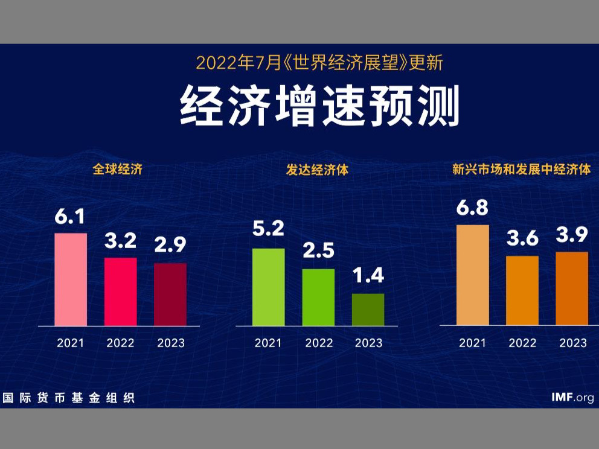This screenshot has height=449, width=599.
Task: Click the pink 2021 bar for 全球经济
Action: click(x=71, y=279)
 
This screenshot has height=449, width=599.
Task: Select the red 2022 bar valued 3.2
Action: click(x=121, y=291)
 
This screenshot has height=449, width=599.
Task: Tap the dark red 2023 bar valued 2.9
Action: click(x=170, y=295)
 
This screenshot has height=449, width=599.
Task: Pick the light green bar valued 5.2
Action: click(x=268, y=287)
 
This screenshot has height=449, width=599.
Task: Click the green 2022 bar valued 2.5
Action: click(x=318, y=297)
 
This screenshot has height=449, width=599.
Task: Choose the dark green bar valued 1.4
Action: click(x=368, y=310)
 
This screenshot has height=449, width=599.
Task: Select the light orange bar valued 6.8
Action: click(x=472, y=275)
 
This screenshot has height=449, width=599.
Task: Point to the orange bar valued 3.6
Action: click(x=522, y=290)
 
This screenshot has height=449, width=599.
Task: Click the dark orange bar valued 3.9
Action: click(x=571, y=288)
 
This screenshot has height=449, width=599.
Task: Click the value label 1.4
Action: click(x=368, y=276)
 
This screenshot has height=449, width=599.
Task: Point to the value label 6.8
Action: click(x=473, y=208)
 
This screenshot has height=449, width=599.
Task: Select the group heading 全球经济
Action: click(x=117, y=170)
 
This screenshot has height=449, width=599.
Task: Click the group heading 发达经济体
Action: click(x=317, y=170)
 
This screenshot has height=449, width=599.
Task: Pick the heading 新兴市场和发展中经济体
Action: click(x=521, y=170)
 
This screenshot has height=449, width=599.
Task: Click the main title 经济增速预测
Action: click(x=320, y=107)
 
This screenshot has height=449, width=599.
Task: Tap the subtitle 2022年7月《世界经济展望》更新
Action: click(x=320, y=62)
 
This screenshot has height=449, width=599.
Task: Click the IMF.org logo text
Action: click(x=572, y=397)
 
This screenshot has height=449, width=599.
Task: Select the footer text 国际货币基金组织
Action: click(x=68, y=398)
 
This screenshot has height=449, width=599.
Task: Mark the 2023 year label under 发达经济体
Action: click(x=368, y=343)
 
